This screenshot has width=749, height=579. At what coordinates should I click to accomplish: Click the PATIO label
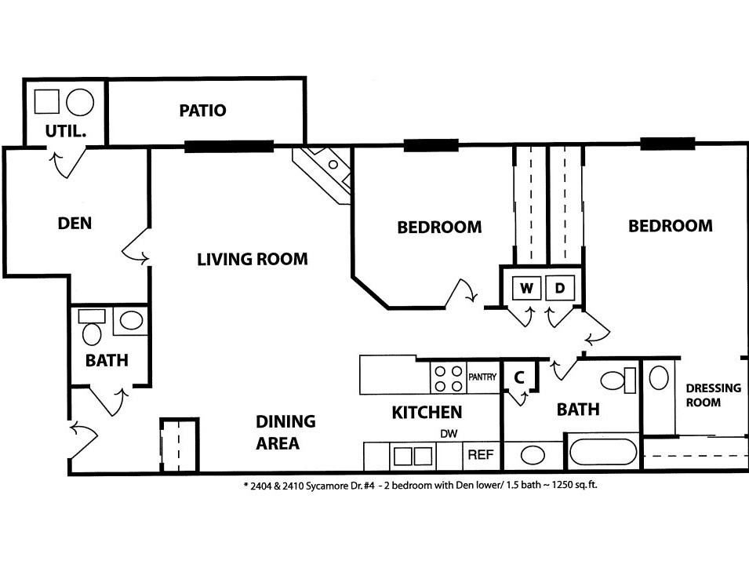202,111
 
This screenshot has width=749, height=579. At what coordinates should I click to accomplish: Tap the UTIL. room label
65,131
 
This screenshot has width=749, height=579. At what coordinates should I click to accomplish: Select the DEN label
75,223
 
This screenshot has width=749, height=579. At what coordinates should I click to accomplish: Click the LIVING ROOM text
253,259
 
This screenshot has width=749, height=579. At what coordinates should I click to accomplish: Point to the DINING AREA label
285,432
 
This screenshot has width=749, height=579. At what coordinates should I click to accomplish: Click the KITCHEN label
427,412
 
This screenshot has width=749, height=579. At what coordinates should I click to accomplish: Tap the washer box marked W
526,288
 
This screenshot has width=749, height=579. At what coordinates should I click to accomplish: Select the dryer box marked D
560,288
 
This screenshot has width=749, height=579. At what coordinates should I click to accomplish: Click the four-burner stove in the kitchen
449,378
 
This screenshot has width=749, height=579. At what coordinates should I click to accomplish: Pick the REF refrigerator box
481,455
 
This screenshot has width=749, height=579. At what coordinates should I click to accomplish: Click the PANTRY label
482,377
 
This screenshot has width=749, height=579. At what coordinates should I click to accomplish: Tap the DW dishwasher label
449,434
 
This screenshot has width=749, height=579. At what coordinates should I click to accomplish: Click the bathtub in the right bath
603,451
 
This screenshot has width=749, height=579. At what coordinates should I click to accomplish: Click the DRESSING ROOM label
713,395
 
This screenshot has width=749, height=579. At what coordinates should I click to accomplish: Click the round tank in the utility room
80,102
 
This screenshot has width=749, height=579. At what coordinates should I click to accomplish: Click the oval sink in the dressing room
659,378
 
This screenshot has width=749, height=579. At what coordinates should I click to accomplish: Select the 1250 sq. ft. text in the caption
575,485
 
